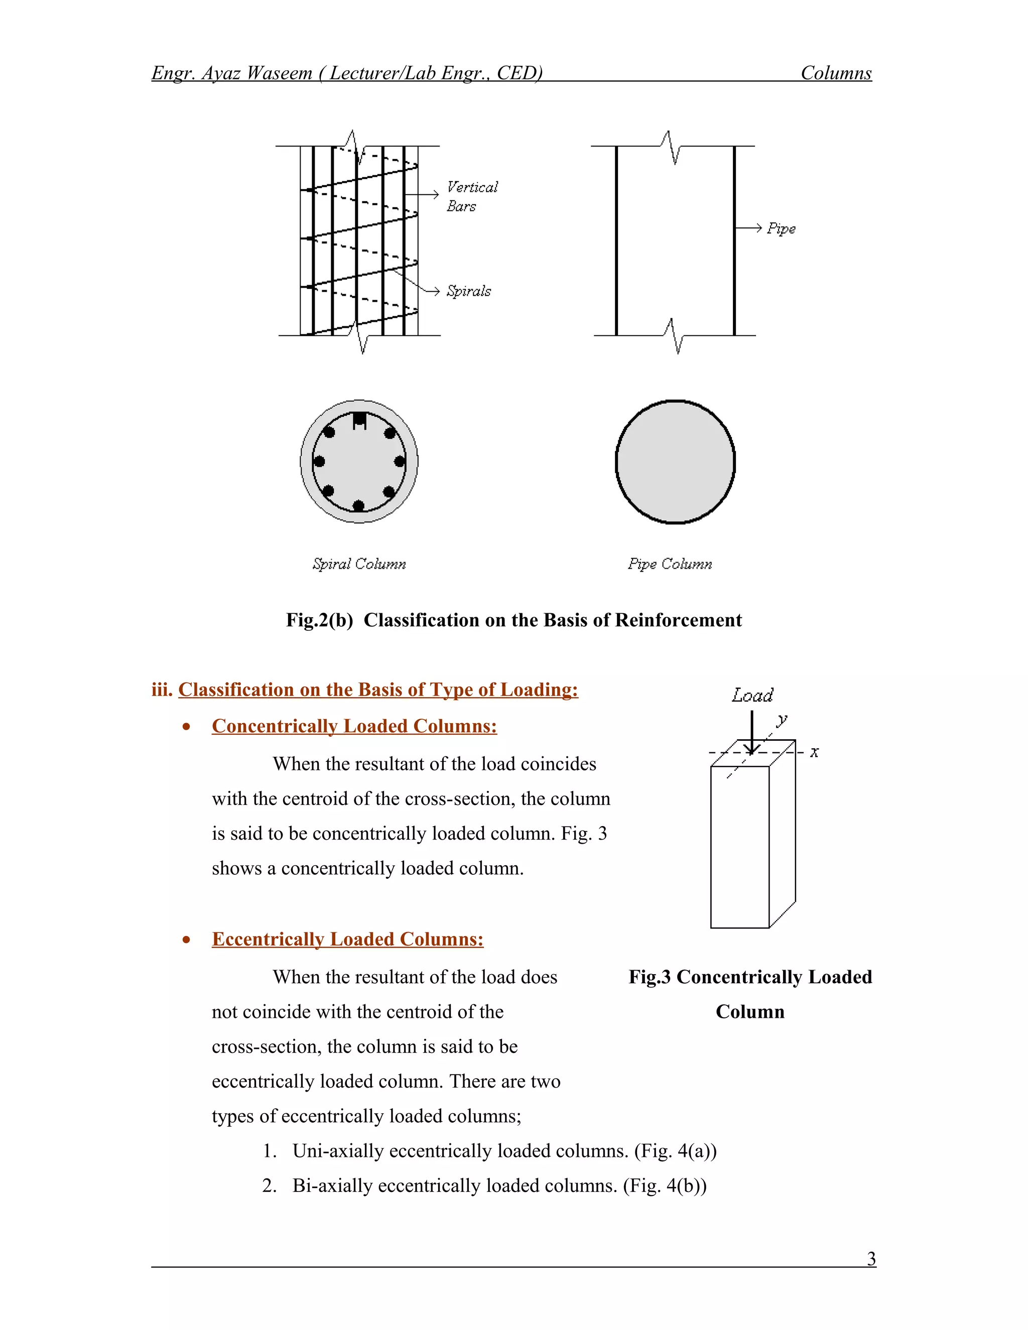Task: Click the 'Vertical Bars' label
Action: (471, 196)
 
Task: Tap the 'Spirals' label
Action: (468, 291)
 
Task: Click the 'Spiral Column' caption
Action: (359, 564)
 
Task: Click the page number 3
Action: (871, 1258)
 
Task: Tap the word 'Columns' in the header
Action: (836, 73)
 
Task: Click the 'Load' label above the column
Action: (752, 696)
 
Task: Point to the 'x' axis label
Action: (814, 753)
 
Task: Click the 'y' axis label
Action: (782, 719)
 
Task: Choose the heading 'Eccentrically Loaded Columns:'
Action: (347, 939)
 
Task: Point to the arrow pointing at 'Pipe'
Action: (748, 228)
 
